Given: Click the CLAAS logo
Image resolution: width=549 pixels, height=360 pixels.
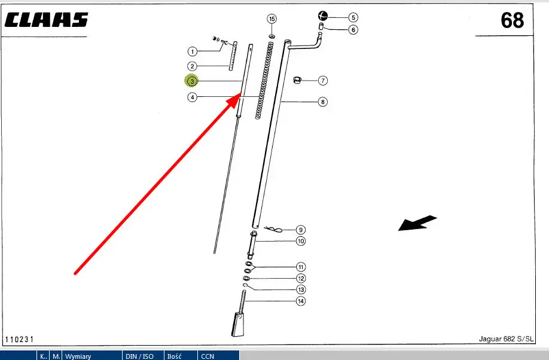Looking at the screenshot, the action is point(46,20).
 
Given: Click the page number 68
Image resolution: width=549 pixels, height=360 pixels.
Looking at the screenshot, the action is point(512,20).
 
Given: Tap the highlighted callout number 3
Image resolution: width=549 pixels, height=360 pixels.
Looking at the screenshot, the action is point(192,81).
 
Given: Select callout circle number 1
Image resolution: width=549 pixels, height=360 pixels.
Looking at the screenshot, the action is point(192,51).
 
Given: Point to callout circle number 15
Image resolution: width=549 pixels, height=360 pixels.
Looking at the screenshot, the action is point(272,19).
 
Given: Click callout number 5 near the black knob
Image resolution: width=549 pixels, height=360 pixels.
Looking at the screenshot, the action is point(353,18).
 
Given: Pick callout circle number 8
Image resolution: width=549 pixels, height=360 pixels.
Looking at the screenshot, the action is point(322,102).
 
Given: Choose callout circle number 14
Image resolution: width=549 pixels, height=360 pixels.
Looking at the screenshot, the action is point(301,301).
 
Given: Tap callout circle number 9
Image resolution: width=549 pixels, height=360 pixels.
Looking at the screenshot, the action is point(301,230).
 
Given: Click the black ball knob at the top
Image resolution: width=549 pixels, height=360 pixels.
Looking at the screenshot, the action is point(323,16).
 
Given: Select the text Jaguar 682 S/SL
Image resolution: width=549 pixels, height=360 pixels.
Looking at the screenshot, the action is point(506,338).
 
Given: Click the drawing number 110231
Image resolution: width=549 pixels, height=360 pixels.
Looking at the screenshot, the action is point(19,339).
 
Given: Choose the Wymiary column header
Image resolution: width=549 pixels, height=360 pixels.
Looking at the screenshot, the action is point(78,356).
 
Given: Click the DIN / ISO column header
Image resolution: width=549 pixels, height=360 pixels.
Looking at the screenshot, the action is point(139,356).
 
